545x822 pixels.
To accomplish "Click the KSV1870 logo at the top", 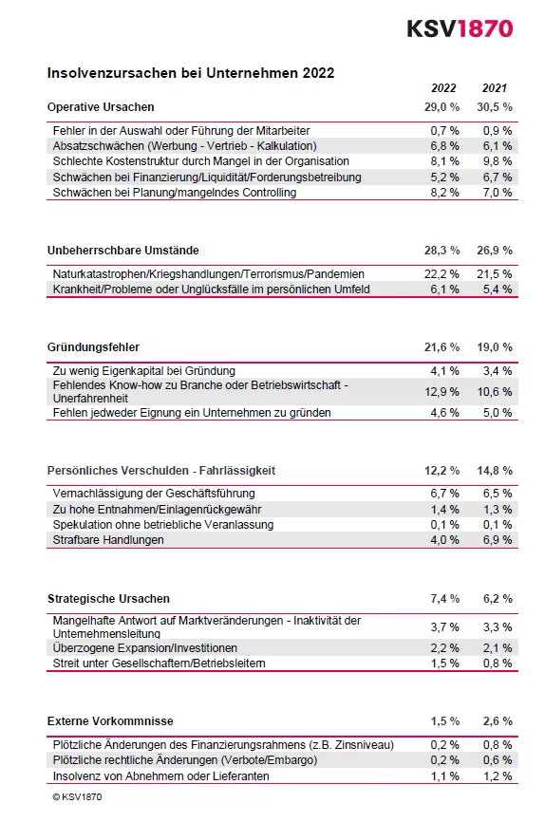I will tap(460, 28).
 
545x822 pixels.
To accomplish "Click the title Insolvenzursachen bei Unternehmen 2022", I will tap(191, 72).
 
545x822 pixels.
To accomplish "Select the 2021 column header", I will tap(495, 88).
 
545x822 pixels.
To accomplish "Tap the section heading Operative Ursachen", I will tap(101, 106).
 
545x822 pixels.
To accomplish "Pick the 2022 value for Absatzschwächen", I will tap(444, 146).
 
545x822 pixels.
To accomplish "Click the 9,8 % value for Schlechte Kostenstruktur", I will tap(497, 161).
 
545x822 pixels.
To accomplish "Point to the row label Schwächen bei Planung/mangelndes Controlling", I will tap(175, 193).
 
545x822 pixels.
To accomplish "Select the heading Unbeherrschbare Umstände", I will tap(123, 251).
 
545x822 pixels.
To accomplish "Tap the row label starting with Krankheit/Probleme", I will tap(211, 290).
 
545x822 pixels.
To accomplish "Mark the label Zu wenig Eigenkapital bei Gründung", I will tap(144, 371).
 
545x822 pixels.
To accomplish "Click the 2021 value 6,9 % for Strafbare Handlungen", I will tap(497, 540).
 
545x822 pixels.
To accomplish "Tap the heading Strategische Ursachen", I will tap(109, 599).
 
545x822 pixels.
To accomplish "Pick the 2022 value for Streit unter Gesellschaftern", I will tap(444, 663).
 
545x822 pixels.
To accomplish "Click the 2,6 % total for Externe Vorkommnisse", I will tap(497, 721).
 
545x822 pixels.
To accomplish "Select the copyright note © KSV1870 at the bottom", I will tap(77, 797).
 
